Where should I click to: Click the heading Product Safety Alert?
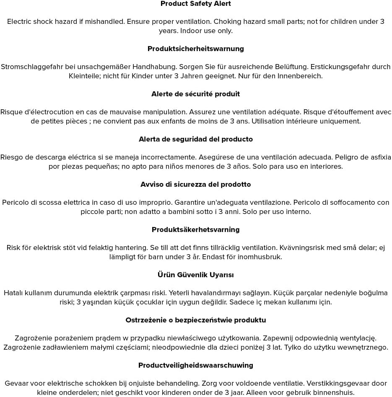click(196, 4)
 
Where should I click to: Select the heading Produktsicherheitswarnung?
click(196, 49)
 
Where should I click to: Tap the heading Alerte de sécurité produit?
click(196, 94)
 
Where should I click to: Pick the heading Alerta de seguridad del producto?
click(196, 139)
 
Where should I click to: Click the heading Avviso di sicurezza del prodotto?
click(196, 185)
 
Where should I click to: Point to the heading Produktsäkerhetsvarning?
click(196, 230)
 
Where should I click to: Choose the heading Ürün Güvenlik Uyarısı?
click(196, 275)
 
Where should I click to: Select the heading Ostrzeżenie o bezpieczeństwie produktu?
click(196, 320)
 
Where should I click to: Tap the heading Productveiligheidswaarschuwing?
click(196, 366)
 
